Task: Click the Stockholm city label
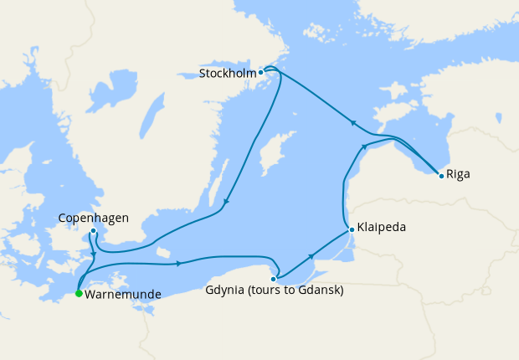[227, 73]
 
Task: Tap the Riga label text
[459, 175]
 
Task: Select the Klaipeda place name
[383, 228]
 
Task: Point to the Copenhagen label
[93, 219]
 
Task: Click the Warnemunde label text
[122, 294]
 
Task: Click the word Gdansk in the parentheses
[321, 291]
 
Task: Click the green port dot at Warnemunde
[78, 294]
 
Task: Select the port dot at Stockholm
[261, 72]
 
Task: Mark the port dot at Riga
[441, 174]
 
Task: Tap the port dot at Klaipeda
[351, 228]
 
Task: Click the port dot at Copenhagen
[93, 231]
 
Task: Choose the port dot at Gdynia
[274, 279]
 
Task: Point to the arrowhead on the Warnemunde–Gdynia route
[178, 265]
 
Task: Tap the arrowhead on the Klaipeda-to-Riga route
[364, 147]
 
